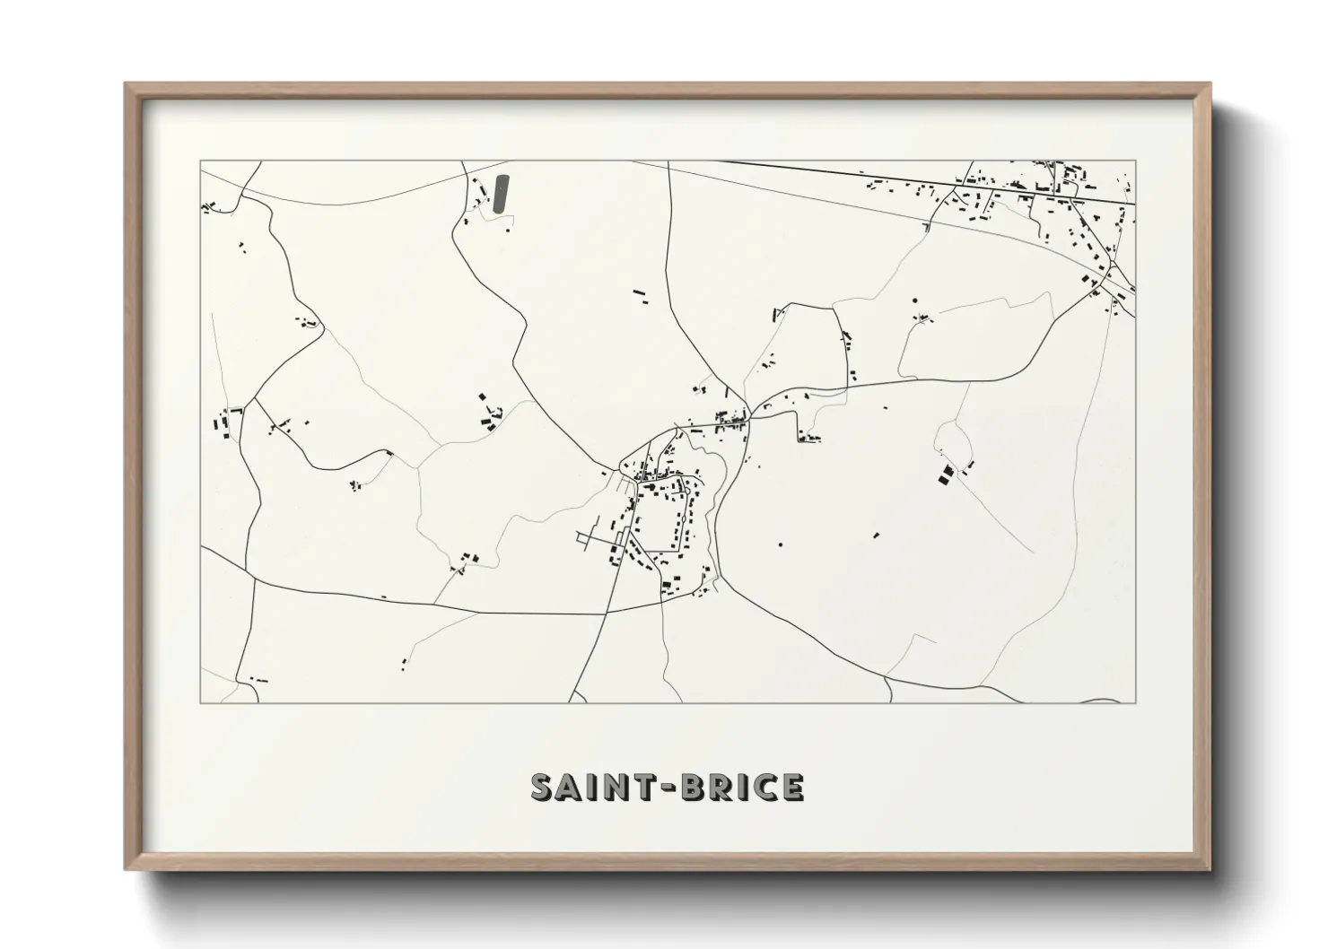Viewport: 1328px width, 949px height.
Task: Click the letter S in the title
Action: pyautogui.click(x=545, y=787)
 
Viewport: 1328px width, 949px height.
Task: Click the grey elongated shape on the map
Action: pyautogui.click(x=500, y=194)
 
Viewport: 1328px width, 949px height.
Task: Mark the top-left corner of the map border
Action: pyautogui.click(x=201, y=161)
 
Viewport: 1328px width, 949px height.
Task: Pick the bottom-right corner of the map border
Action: pyautogui.click(x=1135, y=703)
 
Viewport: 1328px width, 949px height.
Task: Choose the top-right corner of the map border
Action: pyautogui.click(x=1135, y=161)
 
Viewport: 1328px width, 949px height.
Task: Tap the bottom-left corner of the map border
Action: pyautogui.click(x=201, y=703)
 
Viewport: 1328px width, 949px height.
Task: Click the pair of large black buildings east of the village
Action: pyautogui.click(x=946, y=474)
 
